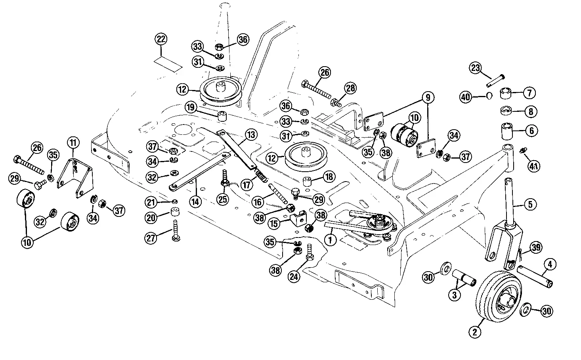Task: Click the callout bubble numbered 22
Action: coord(161,40)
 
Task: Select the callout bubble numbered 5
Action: coord(530,204)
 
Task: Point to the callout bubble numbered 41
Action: coord(533,166)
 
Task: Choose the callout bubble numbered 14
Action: coord(195,201)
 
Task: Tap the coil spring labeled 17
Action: coord(259,174)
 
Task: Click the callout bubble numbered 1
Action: coord(330,239)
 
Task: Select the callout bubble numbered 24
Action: coord(294,277)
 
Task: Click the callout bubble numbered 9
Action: coord(428,97)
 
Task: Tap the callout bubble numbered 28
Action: coord(350,88)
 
